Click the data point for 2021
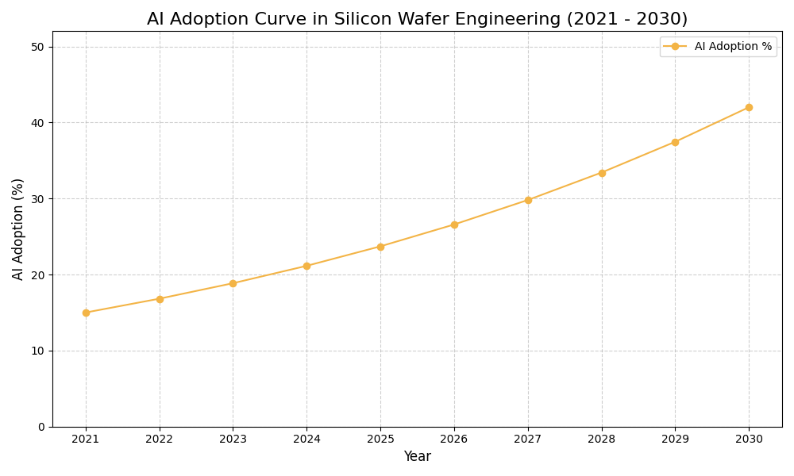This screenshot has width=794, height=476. (86, 313)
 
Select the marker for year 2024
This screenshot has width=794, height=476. (306, 266)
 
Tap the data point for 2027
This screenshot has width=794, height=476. (528, 200)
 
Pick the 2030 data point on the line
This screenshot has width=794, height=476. (749, 107)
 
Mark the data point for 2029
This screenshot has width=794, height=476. (675, 142)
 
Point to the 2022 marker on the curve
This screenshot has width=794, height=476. (160, 299)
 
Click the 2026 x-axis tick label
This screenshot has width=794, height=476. (454, 439)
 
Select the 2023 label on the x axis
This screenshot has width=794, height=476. (233, 439)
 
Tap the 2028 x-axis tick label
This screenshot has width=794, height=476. (602, 439)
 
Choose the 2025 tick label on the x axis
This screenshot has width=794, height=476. (380, 439)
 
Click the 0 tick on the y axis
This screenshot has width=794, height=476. (41, 427)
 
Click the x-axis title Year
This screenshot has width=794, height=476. (417, 457)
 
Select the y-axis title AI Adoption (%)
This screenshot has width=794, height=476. (18, 228)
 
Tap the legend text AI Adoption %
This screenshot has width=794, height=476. (733, 47)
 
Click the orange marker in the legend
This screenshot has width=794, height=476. (675, 47)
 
